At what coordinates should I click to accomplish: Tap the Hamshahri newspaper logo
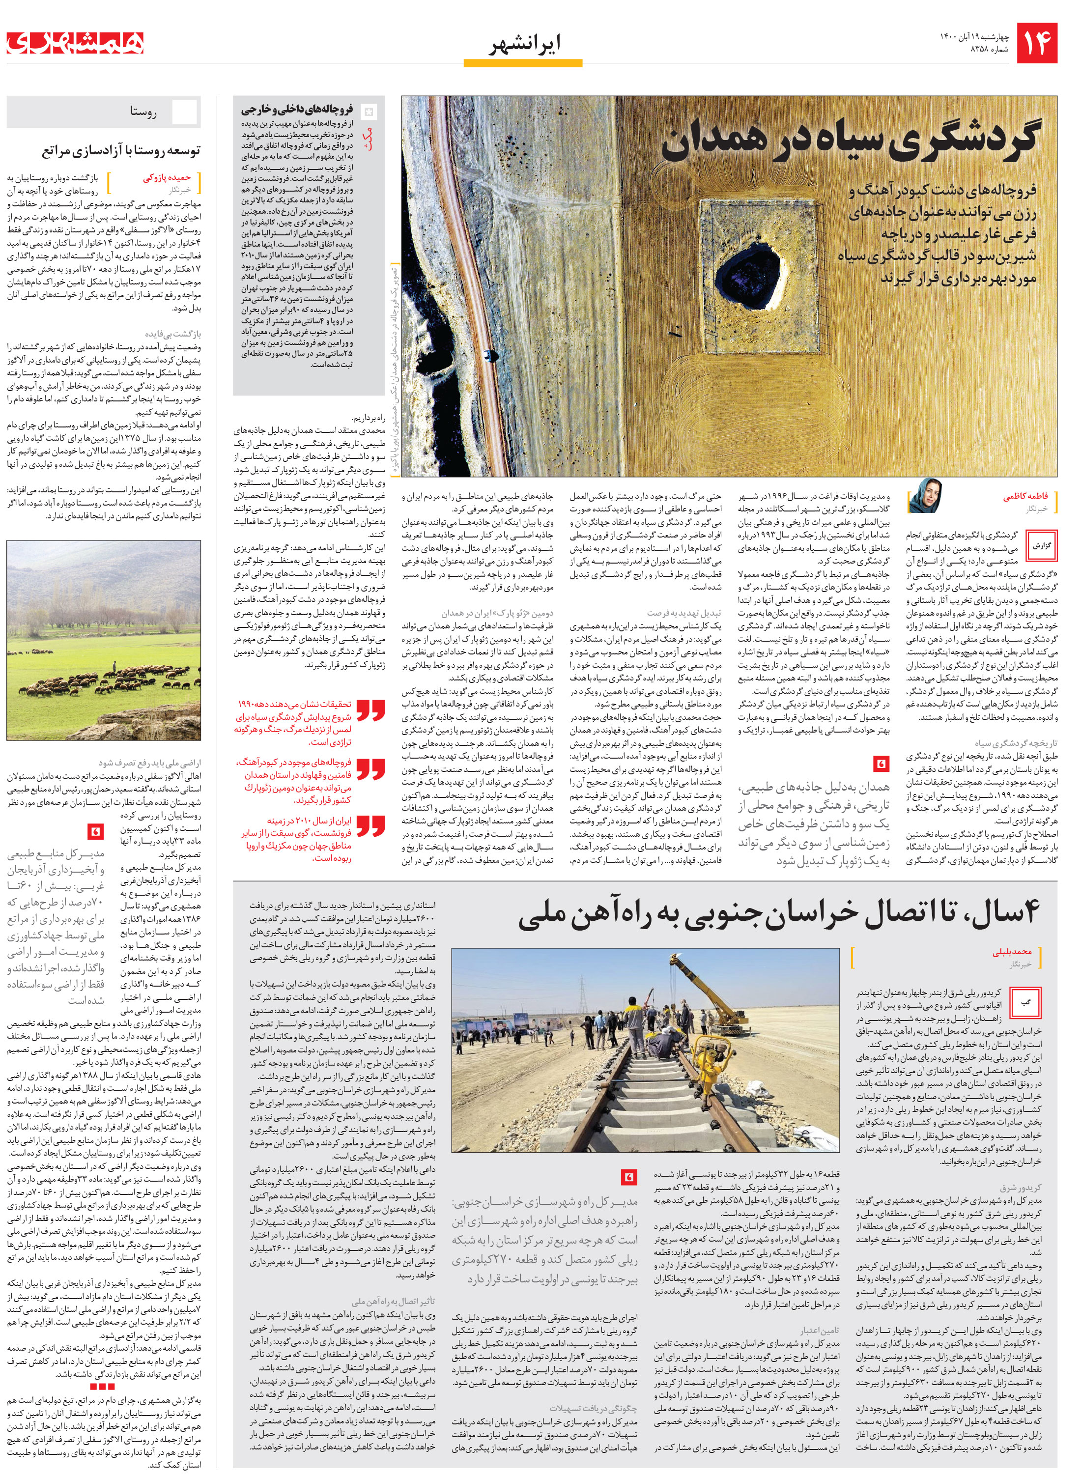click(75, 43)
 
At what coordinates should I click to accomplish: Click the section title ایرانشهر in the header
click(523, 45)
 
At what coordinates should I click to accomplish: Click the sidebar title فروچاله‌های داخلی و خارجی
click(296, 109)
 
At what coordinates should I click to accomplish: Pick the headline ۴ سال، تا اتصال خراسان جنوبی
click(779, 913)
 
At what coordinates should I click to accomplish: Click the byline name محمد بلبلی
click(1011, 952)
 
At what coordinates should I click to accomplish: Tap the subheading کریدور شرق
click(1020, 1187)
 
